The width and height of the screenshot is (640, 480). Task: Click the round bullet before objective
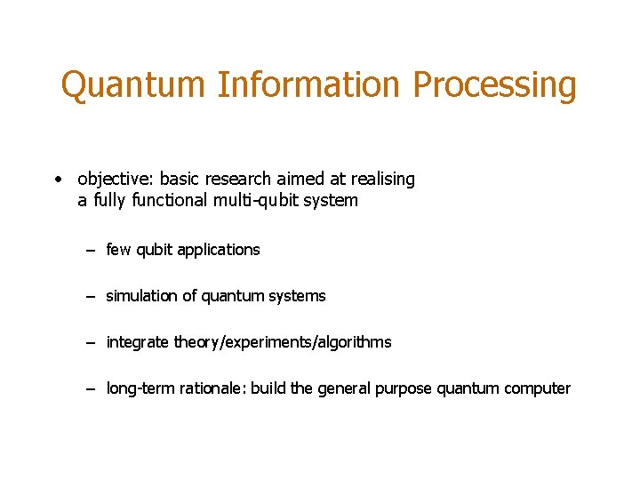[x=57, y=180]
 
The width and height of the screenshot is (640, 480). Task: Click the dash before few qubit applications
[x=91, y=251]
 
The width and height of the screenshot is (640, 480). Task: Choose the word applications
[x=219, y=251]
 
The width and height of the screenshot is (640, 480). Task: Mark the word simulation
[x=142, y=296]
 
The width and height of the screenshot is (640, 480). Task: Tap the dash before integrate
[x=91, y=343]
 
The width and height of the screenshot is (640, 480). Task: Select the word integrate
[x=138, y=343]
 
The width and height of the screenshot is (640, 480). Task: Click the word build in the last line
[x=269, y=388]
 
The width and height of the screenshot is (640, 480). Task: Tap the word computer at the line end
[x=537, y=388]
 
